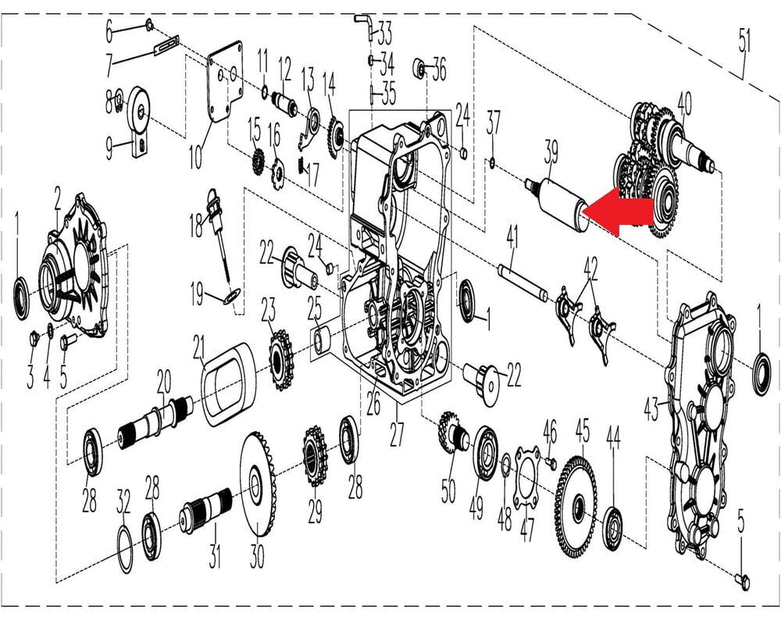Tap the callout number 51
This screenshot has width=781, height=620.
pos(744,41)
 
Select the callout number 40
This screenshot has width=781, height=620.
pos(684,104)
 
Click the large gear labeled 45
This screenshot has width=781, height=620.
pos(576,504)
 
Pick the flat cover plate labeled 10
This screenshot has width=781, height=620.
pos(224,82)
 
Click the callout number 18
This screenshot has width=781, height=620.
pos(196,225)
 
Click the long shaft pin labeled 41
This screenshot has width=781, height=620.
pos(523,283)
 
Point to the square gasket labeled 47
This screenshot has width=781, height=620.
pos(527,478)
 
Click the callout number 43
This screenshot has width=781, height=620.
pos(651,409)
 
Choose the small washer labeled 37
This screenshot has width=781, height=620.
pos(492,162)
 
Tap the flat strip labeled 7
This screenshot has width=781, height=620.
pos(166,46)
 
